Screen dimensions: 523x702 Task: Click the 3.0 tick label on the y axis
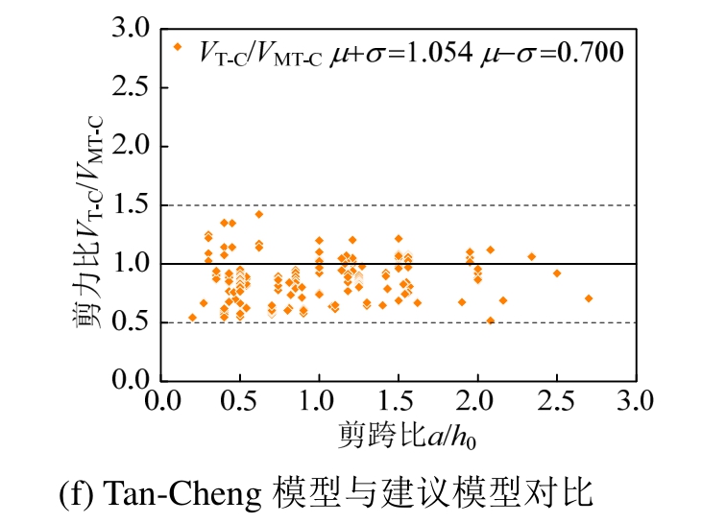pyautogui.click(x=129, y=30)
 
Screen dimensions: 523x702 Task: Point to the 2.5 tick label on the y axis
pyautogui.click(x=129, y=88)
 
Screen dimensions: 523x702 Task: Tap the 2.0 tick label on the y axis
pyautogui.click(x=129, y=147)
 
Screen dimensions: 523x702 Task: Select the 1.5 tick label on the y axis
pyautogui.click(x=129, y=205)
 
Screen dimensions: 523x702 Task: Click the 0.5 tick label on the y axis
pyautogui.click(x=129, y=322)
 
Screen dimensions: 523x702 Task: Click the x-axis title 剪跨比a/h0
pyautogui.click(x=407, y=437)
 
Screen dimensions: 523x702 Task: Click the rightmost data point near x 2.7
pyautogui.click(x=589, y=298)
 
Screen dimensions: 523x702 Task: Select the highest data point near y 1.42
pyautogui.click(x=259, y=214)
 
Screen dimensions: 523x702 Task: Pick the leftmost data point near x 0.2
pyautogui.click(x=192, y=317)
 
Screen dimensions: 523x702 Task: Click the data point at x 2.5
pyautogui.click(x=557, y=273)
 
